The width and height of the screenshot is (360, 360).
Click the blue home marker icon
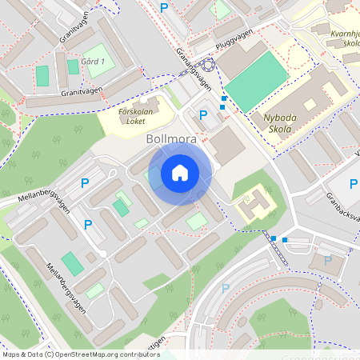coord(180,173)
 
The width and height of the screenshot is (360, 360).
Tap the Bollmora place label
coord(171,138)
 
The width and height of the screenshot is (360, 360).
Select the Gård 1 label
coord(93,62)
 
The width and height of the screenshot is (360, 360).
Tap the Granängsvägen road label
coord(194,73)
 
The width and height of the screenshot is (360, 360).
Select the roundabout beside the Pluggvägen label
coord(208,66)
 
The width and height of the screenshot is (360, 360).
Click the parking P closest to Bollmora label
coord(202,115)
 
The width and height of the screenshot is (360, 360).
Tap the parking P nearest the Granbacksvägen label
coord(353,185)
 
